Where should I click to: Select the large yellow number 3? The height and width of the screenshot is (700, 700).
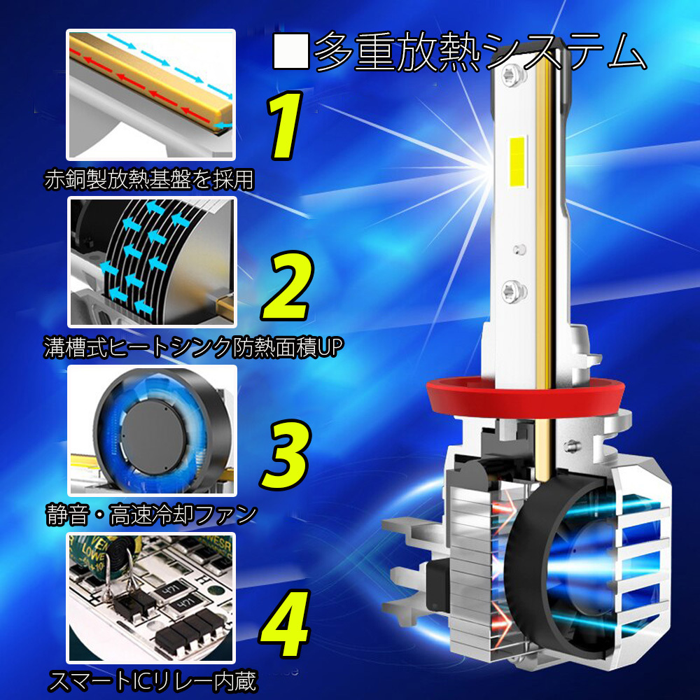(286, 454)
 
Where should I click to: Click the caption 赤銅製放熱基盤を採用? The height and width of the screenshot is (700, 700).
(149, 179)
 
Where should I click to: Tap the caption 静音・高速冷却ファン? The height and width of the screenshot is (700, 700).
(152, 514)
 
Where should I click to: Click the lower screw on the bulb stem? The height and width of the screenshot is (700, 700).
(514, 291)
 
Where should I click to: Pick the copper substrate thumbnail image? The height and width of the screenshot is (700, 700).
(151, 94)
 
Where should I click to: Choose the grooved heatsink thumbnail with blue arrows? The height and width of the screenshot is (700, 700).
(152, 262)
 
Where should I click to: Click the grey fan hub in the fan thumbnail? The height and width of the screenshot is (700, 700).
(153, 437)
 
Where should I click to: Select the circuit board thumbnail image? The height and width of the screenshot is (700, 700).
(151, 598)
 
